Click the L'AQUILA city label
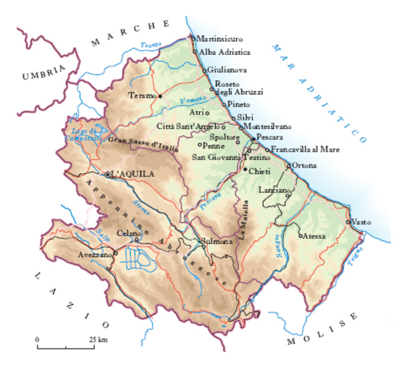[x=134, y=174]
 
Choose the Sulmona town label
[x=216, y=242]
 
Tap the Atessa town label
[x=314, y=237]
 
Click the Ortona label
[x=305, y=165]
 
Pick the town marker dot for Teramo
[x=160, y=96]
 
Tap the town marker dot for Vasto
[x=348, y=222]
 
